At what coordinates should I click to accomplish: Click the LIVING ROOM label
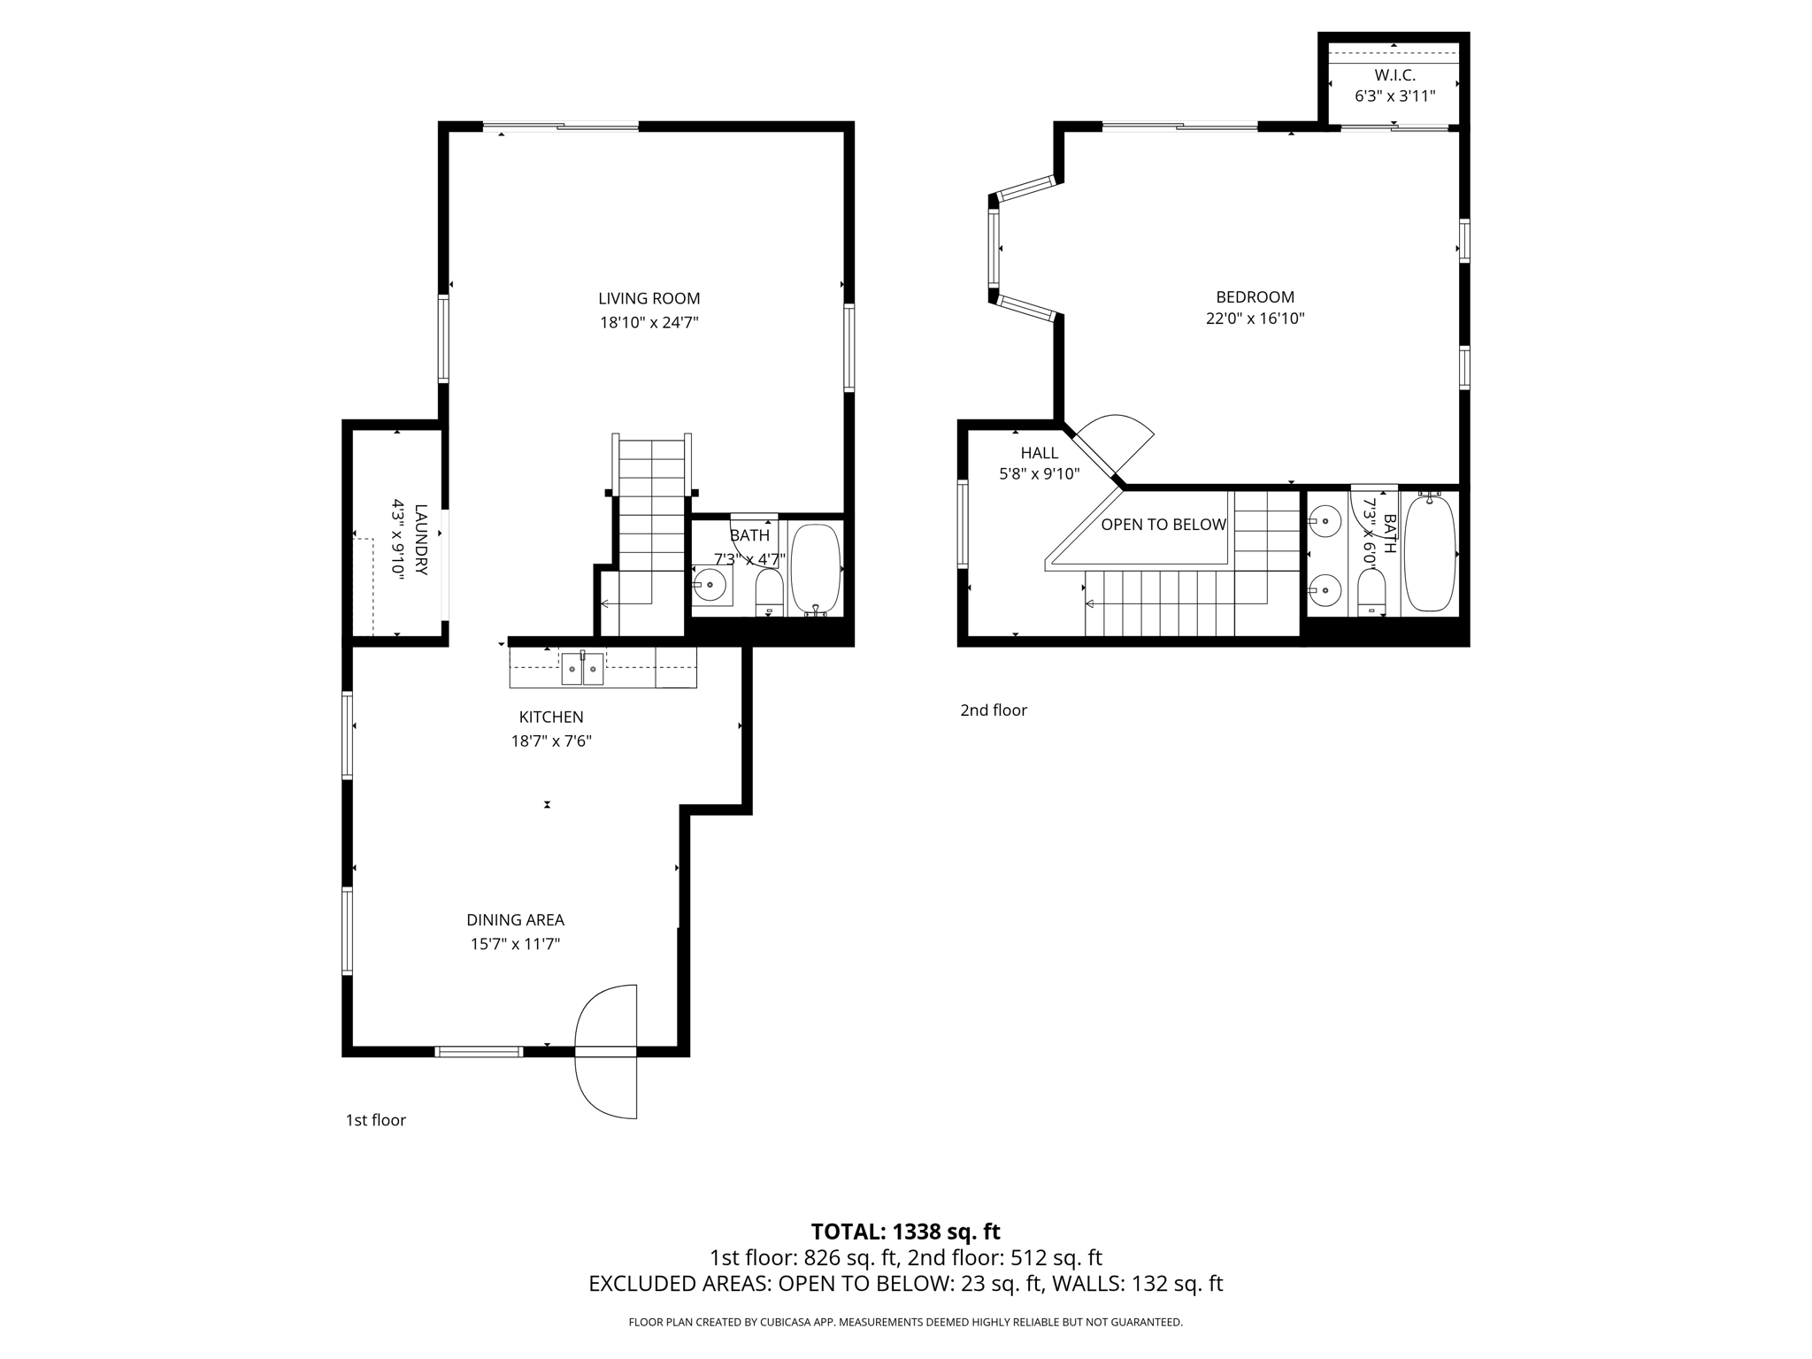tap(649, 299)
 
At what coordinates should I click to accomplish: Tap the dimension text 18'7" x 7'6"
tap(551, 741)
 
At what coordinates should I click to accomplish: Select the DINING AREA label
tap(515, 920)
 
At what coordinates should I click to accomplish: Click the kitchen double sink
tap(582, 670)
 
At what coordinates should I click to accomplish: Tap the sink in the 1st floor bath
tap(710, 585)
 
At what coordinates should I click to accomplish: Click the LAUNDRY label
tap(420, 540)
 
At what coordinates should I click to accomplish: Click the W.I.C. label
tap(1394, 76)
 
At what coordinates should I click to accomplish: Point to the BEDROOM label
tap(1255, 297)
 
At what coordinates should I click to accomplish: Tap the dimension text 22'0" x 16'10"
tap(1255, 319)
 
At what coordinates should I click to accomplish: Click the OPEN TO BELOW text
tap(1163, 525)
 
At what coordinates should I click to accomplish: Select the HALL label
tap(1039, 453)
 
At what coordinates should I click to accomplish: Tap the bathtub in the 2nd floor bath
tap(1429, 554)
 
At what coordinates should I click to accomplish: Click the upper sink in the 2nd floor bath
tap(1324, 521)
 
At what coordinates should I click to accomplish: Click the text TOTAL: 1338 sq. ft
tap(905, 1232)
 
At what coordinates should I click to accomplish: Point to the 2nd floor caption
tap(994, 710)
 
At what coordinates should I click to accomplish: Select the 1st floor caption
tap(375, 1120)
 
